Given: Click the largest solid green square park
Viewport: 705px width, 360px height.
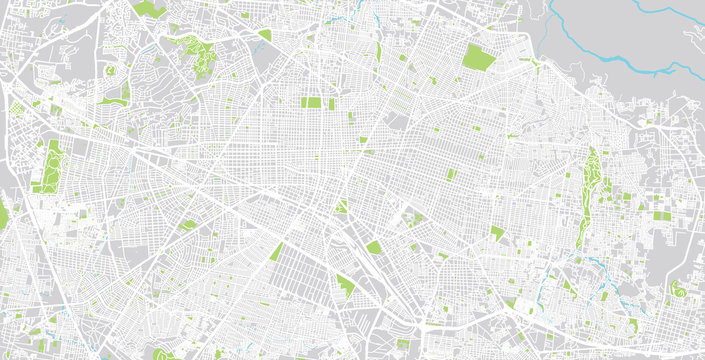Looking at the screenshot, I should [479, 57].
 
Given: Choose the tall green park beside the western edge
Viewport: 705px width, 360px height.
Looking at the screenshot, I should [49, 165].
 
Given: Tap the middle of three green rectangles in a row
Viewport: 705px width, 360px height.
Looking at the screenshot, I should [313, 102].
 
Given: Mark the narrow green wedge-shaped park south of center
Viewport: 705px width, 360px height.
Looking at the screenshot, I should [276, 251].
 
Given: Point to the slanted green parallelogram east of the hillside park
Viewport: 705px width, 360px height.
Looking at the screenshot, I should [265, 35].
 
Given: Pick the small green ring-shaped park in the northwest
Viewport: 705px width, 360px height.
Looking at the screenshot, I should [110, 71].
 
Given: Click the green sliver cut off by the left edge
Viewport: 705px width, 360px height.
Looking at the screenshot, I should [3, 215].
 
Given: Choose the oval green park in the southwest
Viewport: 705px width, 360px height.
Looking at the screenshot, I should [187, 225].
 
